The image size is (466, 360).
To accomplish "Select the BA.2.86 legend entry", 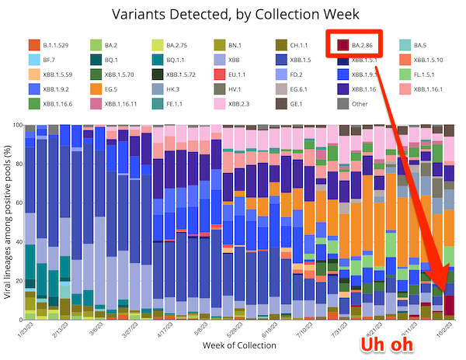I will [361, 45].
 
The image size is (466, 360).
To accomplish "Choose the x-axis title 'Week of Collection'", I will [233, 344].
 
